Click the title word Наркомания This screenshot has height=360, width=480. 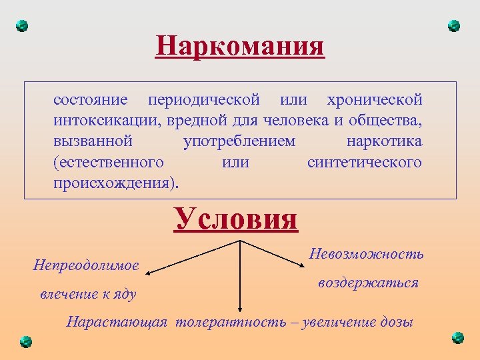pos(240,47)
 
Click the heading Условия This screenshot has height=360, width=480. pos(235,219)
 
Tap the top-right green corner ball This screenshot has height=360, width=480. pos(454,26)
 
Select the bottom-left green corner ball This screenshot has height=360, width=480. pos(25,341)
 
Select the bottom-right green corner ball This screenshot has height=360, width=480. pos(457,337)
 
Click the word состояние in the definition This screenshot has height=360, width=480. pos(91,100)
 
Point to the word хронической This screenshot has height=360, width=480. pos(375,100)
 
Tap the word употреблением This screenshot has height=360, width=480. pos(239,141)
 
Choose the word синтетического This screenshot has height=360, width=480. pos(365,162)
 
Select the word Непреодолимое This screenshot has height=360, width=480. pos(86,265)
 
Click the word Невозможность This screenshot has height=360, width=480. pos(367,254)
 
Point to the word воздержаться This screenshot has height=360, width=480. pos(368,283)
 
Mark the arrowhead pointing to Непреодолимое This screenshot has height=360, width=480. pos(150,273)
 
